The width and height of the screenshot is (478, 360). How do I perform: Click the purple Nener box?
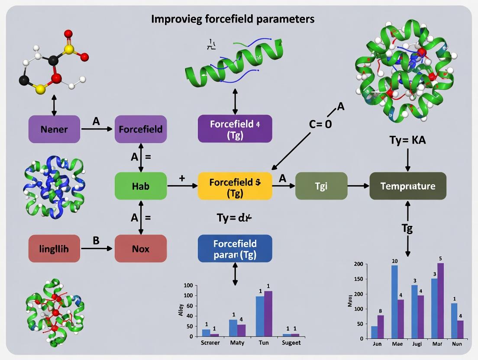click(54, 129)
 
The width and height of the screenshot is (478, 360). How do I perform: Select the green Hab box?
click(141, 186)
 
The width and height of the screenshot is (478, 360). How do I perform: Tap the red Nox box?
click(141, 249)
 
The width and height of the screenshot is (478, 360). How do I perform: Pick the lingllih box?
click(54, 249)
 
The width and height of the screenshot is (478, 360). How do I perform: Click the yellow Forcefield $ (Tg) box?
click(235, 186)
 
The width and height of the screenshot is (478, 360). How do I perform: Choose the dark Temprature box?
click(407, 186)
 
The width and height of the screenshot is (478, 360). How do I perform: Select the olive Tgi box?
click(321, 186)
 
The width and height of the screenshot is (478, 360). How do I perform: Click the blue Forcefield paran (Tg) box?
click(235, 249)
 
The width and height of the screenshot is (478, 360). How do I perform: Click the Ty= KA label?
click(407, 141)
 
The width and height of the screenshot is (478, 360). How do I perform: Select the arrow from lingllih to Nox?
click(97, 249)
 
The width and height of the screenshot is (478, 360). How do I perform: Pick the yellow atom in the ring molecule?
click(40, 89)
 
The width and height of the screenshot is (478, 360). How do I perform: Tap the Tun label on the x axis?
click(264, 343)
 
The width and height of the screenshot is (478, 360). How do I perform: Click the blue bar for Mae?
click(394, 302)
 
